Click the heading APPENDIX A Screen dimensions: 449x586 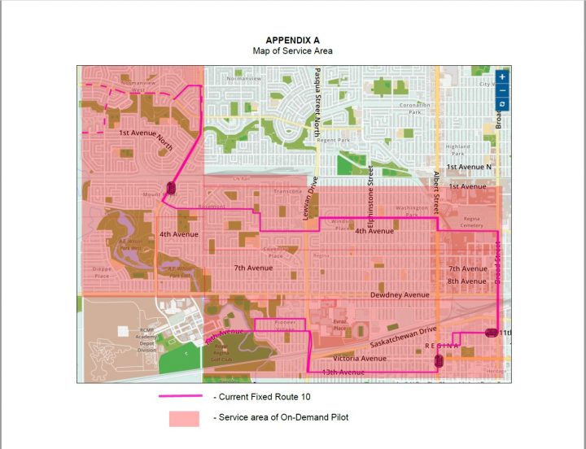coord(292,40)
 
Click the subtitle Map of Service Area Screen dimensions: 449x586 coord(292,50)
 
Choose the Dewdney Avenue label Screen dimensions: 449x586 coord(399,294)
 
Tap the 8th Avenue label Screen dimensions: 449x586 coord(467,281)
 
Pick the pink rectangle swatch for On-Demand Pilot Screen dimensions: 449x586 coord(184,418)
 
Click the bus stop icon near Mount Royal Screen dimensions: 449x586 coord(171,188)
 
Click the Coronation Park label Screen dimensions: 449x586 coord(414,109)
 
